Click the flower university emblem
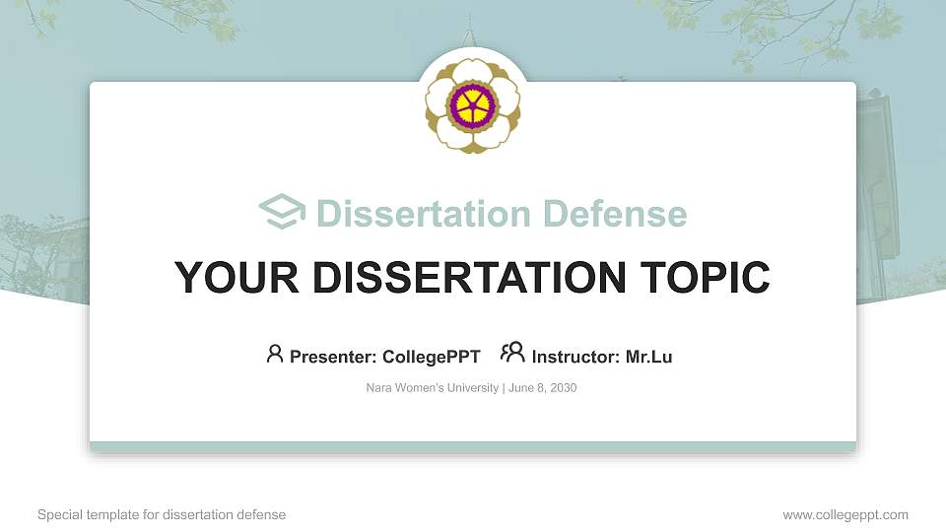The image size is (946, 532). click(x=472, y=103)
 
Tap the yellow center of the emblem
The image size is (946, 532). click(x=472, y=103)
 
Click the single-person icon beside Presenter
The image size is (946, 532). click(x=275, y=354)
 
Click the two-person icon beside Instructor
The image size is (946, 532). click(x=512, y=353)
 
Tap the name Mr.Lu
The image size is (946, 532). click(x=649, y=357)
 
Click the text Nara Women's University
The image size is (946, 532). click(x=433, y=388)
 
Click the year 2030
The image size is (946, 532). click(x=563, y=388)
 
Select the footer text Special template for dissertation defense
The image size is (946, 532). click(x=162, y=514)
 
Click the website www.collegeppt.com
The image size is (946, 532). click(x=845, y=514)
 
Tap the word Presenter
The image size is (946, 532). click(x=328, y=357)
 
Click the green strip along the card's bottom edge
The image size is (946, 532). click(x=472, y=447)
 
